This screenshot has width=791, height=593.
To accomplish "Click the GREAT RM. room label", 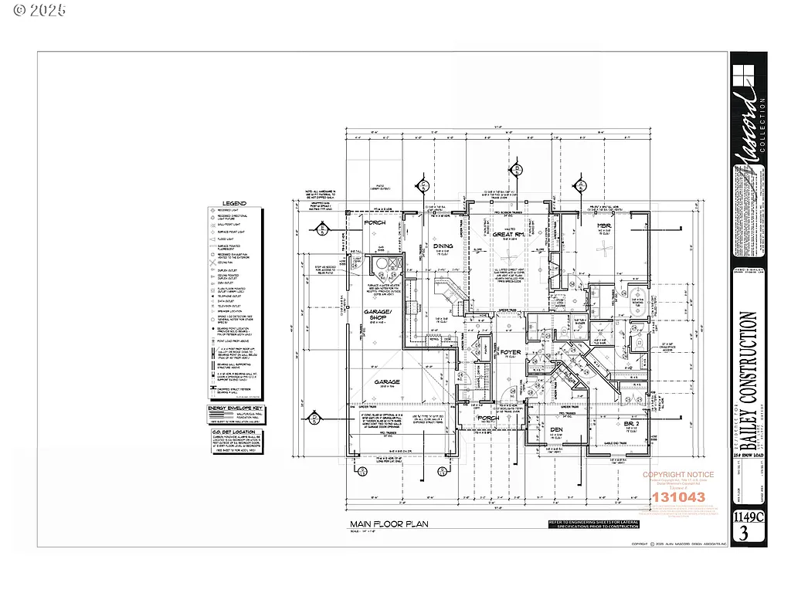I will pos(509,235).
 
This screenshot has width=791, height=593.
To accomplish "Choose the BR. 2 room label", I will pos(633,424).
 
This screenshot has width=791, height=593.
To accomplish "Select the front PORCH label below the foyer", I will pos(487,418).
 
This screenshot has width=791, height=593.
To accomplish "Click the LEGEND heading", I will pos(234,204).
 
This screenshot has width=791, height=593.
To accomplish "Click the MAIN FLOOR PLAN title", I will pos(389,524).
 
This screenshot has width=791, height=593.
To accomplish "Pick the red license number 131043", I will pos(679,497).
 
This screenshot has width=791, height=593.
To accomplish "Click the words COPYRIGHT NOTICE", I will pos(679,475).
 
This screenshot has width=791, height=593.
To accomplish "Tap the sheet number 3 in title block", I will pos(743,534).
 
